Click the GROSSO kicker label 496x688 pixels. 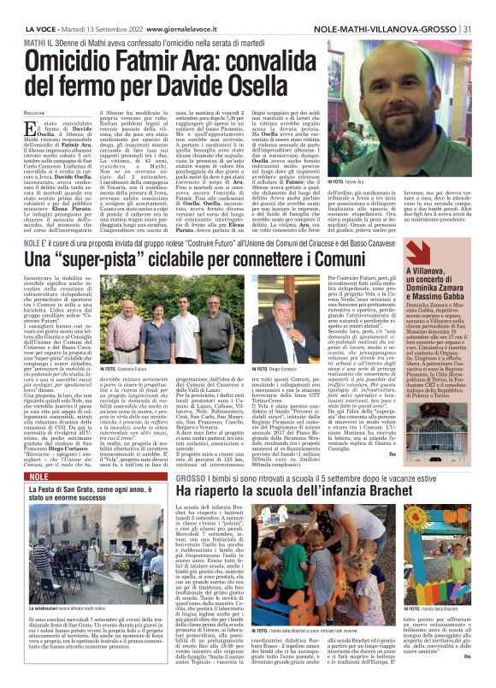(x=191, y=477)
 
